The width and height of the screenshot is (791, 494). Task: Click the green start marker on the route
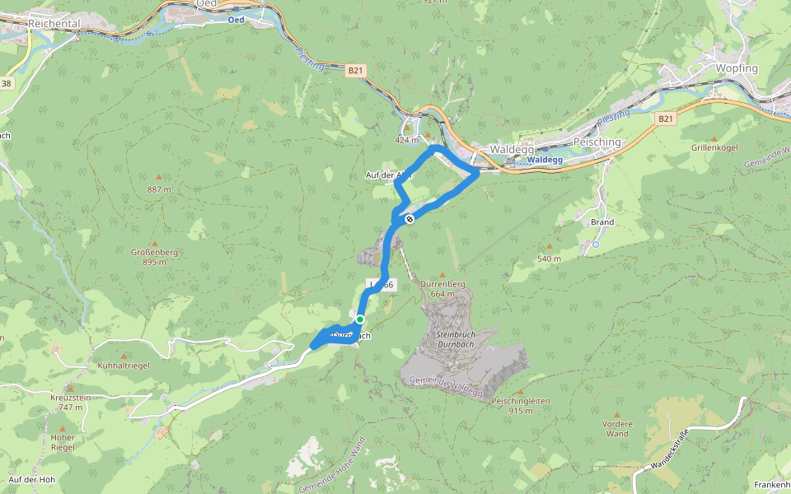coord(360,319)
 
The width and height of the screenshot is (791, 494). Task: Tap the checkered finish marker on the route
coord(409,219)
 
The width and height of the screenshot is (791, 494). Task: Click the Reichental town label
coord(54,24)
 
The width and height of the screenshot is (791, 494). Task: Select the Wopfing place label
coord(737,68)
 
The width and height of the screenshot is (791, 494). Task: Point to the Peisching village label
coord(596,142)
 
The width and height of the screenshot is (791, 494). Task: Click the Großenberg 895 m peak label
coord(154,257)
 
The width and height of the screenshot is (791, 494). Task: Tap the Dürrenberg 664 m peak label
coord(442,289)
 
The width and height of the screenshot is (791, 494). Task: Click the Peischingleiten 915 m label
coord(520,405)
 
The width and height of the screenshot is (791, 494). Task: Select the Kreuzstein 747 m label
coord(70,402)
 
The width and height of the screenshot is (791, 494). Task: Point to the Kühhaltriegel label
coord(124,365)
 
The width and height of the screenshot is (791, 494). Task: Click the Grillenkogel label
coord(714,147)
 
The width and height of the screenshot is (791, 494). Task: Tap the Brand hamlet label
coord(602,222)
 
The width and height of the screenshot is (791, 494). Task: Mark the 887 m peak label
coord(159,189)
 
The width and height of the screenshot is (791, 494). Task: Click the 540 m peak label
coord(549,259)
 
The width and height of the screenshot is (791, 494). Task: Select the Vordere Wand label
coord(617,428)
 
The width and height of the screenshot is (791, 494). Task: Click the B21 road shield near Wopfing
coord(665,119)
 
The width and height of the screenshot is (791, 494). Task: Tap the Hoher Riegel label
coord(63,442)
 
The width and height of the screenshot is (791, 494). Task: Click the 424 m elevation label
coord(407,140)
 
